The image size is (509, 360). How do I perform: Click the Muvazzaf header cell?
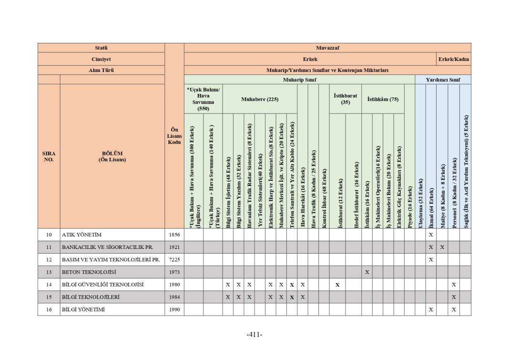coord(327,48)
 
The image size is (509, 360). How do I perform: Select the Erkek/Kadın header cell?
coord(454,59)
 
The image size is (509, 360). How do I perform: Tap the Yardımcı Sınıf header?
coord(443,80)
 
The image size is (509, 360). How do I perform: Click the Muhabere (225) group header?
coord(259,99)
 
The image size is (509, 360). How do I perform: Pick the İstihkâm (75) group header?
coord(383,99)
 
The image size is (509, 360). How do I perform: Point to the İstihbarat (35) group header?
coord(345,99)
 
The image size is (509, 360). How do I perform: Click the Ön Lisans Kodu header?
coord(174,136)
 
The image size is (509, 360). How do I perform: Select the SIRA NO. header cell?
coord(49,156)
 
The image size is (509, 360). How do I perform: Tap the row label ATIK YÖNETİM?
coord(81,235)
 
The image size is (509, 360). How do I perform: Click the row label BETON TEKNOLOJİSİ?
coord(89,272)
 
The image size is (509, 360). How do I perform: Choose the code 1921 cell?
coord(174,247)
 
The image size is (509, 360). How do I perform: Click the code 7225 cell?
coord(174,259)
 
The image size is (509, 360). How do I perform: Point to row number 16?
coord(49,309)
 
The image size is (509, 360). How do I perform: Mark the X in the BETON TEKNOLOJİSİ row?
coord(366,272)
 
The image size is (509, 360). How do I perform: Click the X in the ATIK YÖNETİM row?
coord(431,235)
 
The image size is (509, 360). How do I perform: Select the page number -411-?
coord(254,334)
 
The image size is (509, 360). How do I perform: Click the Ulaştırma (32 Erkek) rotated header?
coord(420,203)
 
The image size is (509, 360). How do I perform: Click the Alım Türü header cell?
coord(101,70)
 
